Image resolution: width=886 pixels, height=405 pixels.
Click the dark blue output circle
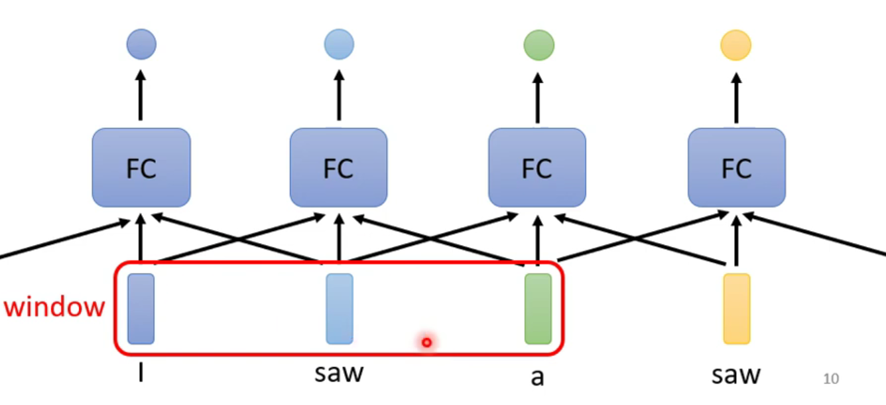(x=141, y=44)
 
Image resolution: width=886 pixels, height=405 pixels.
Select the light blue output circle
(x=339, y=44)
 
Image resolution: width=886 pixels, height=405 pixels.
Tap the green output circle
(x=538, y=45)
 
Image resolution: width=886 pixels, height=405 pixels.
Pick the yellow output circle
(x=735, y=45)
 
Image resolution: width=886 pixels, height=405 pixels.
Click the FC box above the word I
(x=141, y=168)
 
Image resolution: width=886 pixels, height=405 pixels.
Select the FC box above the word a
(x=537, y=168)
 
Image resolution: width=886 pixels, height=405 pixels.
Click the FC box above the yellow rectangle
(x=736, y=168)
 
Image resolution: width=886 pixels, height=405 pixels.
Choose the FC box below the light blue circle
(x=339, y=168)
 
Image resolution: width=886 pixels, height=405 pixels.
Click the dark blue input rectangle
(x=141, y=309)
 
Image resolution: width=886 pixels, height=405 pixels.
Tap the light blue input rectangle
(x=339, y=309)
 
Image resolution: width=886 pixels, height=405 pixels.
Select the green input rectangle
(x=538, y=309)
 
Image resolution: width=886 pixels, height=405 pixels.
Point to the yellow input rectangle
(x=736, y=309)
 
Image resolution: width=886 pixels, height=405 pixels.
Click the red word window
(x=54, y=307)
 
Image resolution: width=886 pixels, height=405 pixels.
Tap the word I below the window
(x=141, y=373)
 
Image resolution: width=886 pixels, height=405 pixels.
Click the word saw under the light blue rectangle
(x=339, y=372)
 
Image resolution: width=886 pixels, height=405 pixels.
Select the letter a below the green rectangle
(x=537, y=376)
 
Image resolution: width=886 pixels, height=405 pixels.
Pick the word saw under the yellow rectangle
(x=735, y=375)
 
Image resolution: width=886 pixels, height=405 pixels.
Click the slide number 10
(x=830, y=378)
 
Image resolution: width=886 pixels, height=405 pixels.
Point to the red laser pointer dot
(x=426, y=342)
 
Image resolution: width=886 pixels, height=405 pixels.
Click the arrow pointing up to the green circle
(x=538, y=96)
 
